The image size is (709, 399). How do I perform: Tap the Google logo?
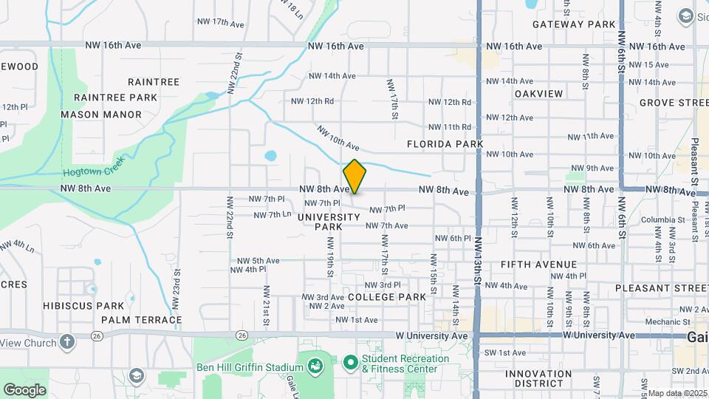point(24,389)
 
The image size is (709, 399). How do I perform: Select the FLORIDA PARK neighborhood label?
point(445,144)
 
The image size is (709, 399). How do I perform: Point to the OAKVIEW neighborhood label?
point(538,94)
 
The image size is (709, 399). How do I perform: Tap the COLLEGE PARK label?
point(386,297)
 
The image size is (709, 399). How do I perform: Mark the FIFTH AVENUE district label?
point(538,265)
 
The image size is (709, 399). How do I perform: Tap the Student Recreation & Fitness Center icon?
point(350,363)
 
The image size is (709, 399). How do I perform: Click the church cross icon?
point(67,341)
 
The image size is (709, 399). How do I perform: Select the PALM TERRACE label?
point(141,320)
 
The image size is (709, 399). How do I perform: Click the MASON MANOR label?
point(101,115)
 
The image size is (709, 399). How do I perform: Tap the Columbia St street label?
point(662,219)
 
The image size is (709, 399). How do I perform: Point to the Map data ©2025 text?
point(677,393)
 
